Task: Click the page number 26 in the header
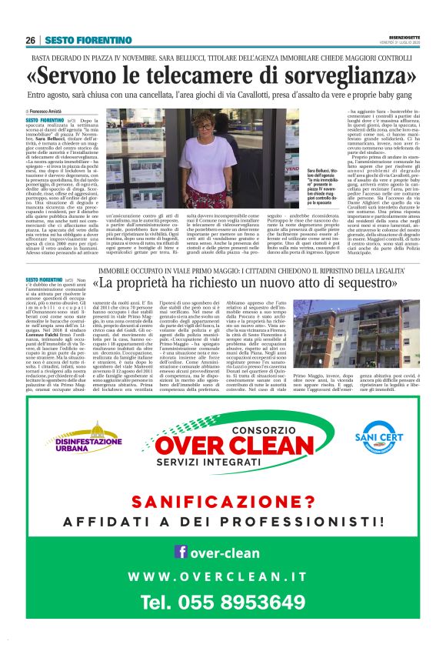click(x=30, y=41)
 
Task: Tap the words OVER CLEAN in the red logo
click(x=223, y=446)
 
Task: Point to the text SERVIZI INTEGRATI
click(x=223, y=462)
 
